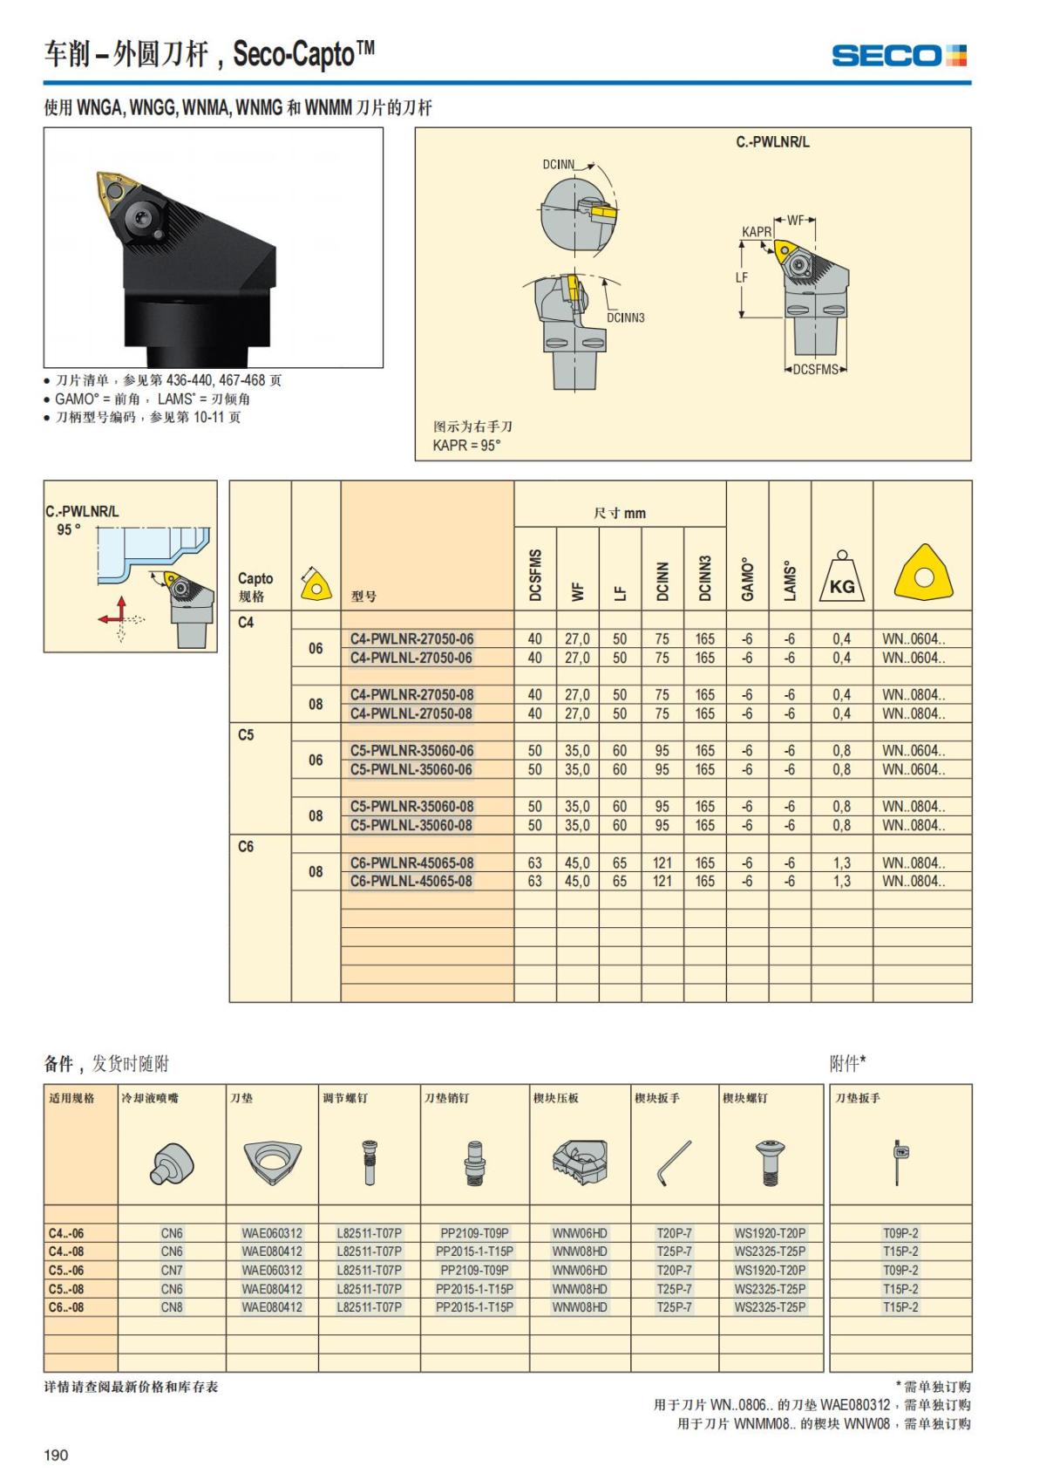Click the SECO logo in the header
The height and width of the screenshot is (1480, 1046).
click(x=899, y=56)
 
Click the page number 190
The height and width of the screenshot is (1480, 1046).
click(x=56, y=1455)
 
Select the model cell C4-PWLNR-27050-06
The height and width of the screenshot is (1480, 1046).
click(x=411, y=638)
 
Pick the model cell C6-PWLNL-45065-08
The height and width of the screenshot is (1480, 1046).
click(x=411, y=881)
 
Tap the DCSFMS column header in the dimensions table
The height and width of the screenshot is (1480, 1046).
click(x=535, y=575)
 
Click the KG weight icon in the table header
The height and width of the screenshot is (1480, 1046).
click(x=841, y=578)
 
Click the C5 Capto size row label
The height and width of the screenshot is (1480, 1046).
click(x=246, y=735)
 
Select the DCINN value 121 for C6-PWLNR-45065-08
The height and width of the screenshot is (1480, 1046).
click(x=662, y=863)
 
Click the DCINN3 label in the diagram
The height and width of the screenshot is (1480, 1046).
click(x=625, y=317)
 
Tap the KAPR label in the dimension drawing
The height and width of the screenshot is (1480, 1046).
click(x=757, y=232)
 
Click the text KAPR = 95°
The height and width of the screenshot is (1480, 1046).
click(x=467, y=445)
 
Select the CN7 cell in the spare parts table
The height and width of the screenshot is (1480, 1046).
click(x=172, y=1270)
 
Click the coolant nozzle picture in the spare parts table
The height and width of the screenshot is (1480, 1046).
click(x=171, y=1163)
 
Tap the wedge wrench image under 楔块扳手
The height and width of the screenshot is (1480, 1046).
click(x=674, y=1163)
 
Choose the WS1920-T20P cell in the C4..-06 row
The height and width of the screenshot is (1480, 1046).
click(x=770, y=1233)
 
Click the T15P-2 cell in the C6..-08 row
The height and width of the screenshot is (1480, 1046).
click(x=900, y=1306)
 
